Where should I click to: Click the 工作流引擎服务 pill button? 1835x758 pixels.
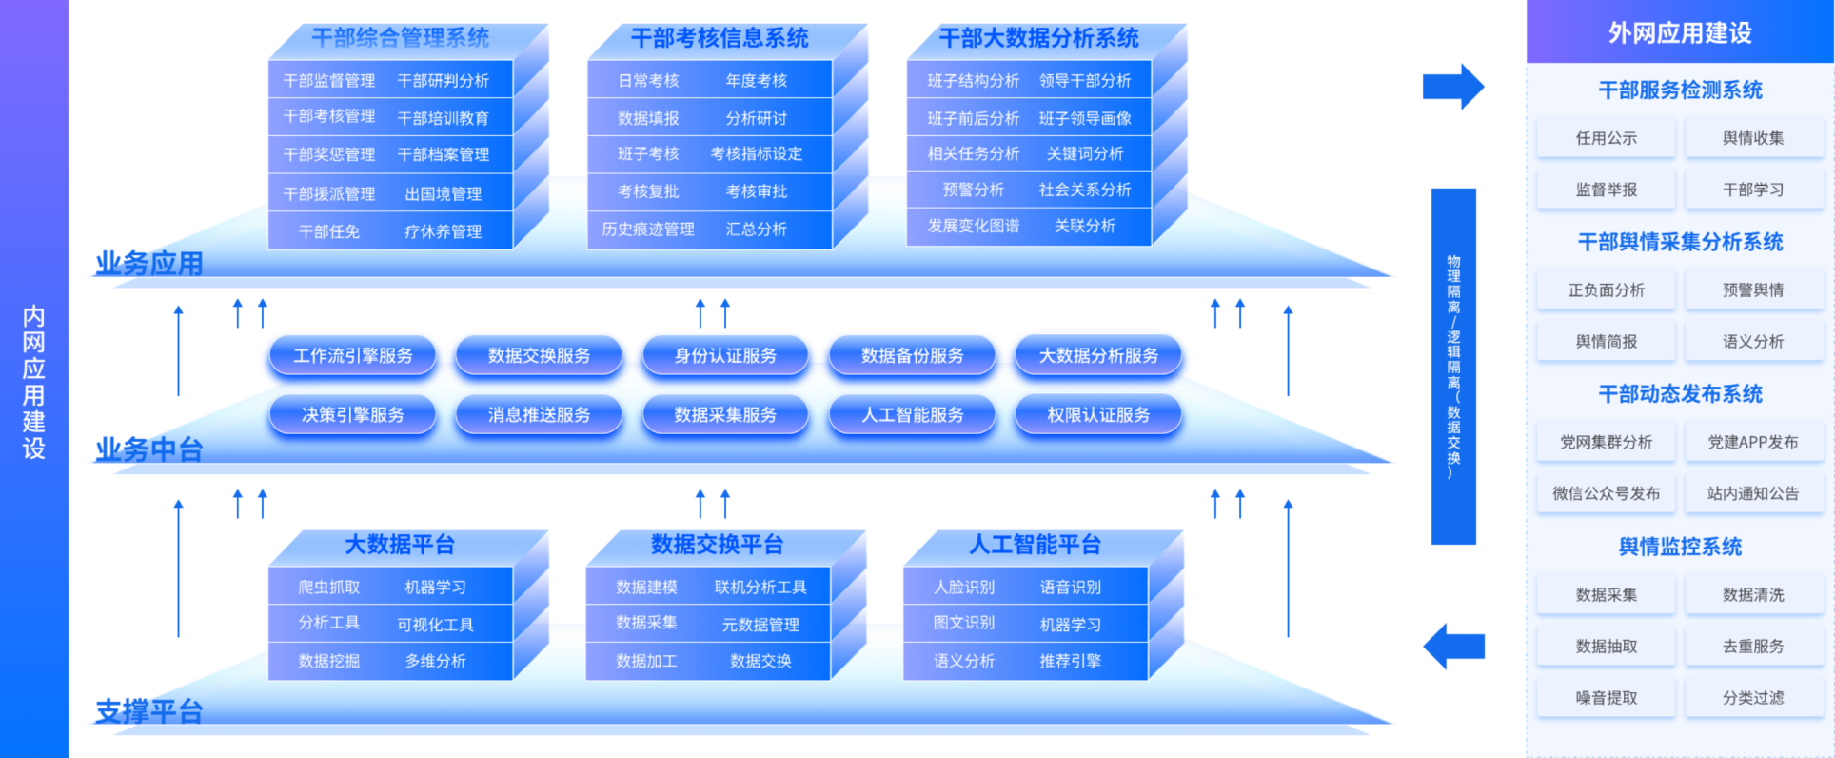tap(352, 356)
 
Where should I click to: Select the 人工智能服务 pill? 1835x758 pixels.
tap(912, 415)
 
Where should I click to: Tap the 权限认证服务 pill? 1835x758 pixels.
tap(1098, 415)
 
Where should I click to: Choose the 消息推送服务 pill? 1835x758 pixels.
tap(539, 415)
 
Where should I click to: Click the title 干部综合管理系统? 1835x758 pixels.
tap(400, 38)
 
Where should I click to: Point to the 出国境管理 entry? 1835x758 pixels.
tap(444, 194)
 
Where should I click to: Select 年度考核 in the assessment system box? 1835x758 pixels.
tap(757, 81)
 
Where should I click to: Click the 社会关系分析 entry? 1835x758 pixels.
tap(1085, 190)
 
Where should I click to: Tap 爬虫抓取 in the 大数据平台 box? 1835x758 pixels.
tap(329, 588)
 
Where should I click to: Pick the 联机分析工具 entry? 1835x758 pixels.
tap(760, 588)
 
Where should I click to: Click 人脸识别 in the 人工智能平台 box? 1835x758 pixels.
tap(964, 588)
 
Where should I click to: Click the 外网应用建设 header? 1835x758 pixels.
tap(1680, 32)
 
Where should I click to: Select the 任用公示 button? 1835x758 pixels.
tap(1607, 138)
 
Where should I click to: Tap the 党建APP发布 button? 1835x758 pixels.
tap(1753, 442)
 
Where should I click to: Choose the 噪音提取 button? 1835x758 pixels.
tap(1607, 698)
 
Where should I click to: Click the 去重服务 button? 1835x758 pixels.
tap(1753, 647)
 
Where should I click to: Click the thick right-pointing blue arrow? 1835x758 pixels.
tap(1453, 87)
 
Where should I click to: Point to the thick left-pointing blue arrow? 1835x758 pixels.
tap(1453, 647)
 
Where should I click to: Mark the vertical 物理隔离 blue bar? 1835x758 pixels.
tap(1453, 367)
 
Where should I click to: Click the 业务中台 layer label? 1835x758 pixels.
tap(149, 449)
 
